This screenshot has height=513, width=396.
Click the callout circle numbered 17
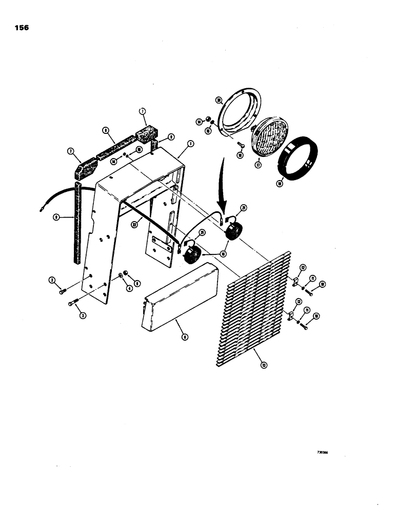point(258,165)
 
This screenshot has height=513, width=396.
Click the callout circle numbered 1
point(190,144)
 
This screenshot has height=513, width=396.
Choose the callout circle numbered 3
point(83,315)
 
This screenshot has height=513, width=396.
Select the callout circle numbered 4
point(130,287)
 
